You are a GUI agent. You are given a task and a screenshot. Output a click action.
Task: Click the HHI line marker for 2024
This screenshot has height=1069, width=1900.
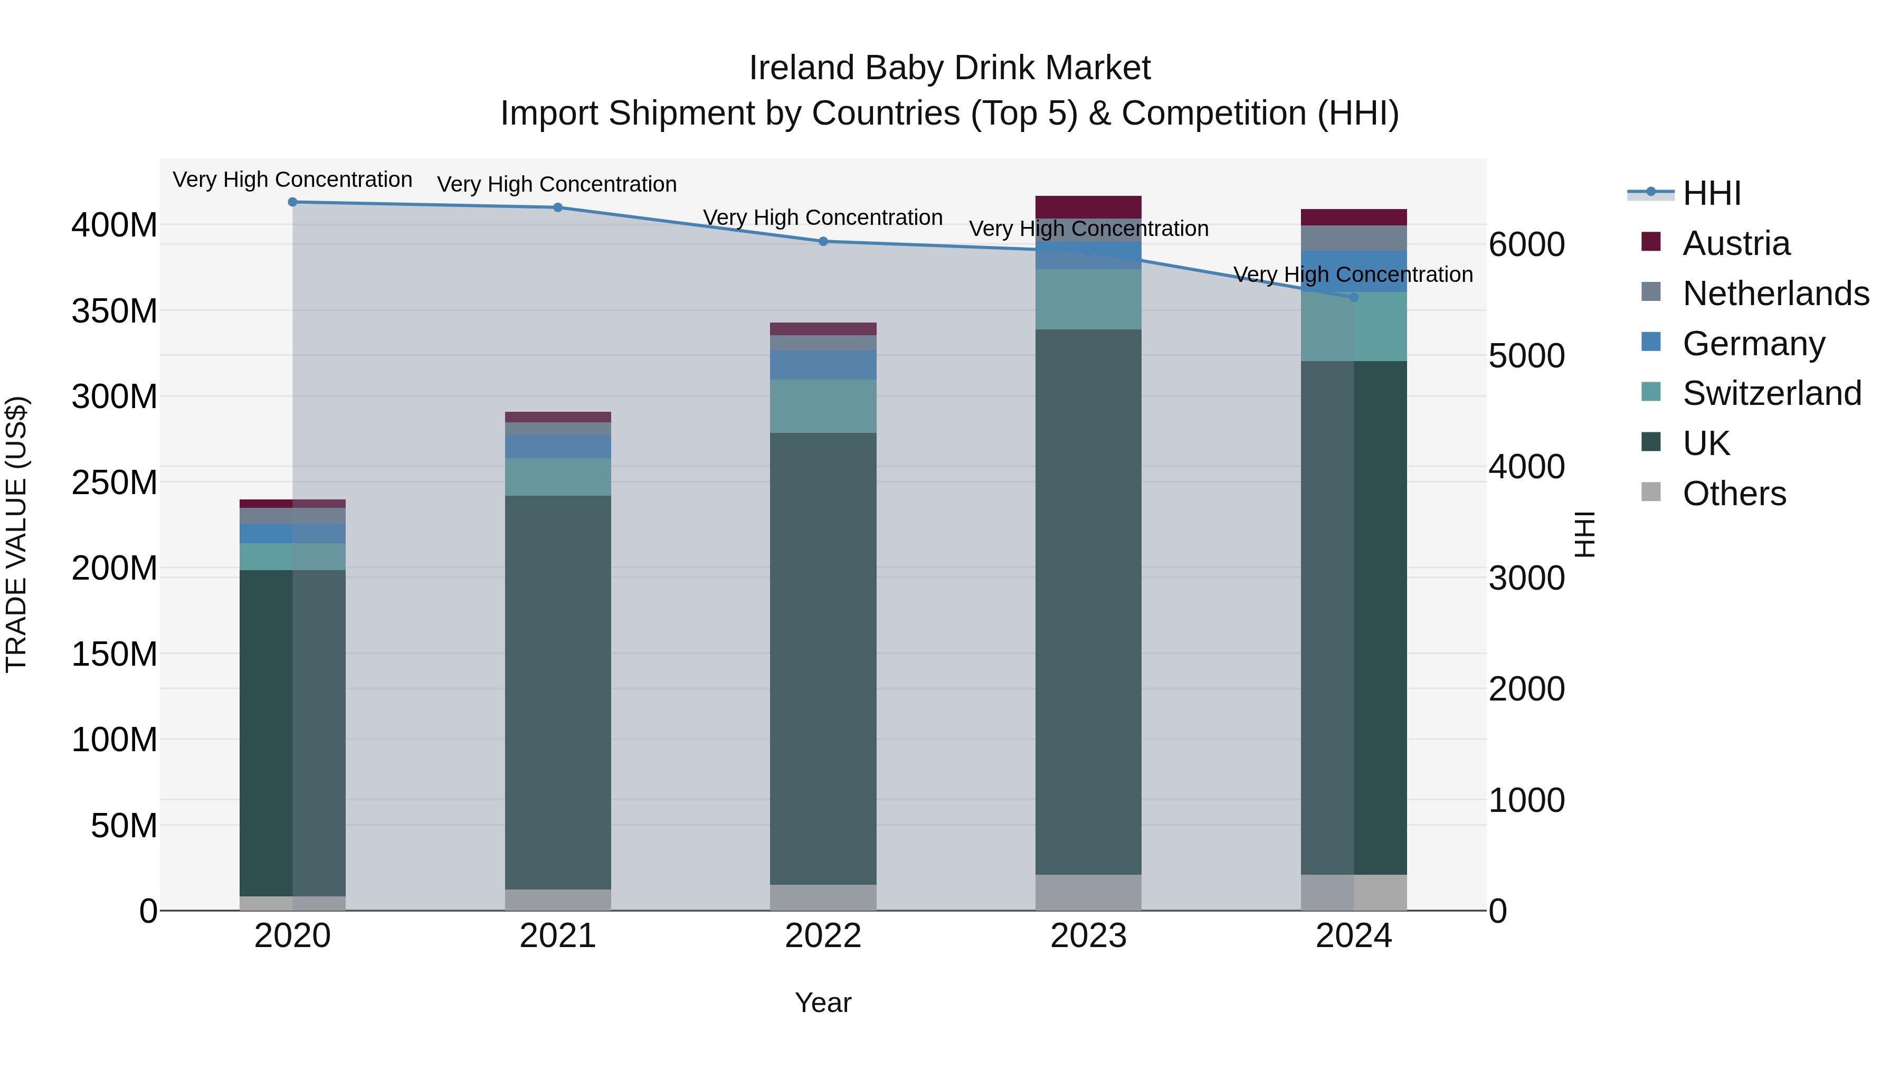coord(1353,297)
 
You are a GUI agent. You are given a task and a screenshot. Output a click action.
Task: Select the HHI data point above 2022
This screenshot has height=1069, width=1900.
coord(823,241)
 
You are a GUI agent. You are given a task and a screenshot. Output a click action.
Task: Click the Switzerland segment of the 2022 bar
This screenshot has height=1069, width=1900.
coord(823,406)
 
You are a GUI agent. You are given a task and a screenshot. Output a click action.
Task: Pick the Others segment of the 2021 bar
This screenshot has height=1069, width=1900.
coord(558,900)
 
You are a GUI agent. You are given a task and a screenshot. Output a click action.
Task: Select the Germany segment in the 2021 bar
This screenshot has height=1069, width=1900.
coord(558,446)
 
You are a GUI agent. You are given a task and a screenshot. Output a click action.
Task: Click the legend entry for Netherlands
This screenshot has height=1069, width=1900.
coord(1775,294)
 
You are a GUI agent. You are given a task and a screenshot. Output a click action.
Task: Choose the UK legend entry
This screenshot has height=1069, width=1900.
coord(1705,443)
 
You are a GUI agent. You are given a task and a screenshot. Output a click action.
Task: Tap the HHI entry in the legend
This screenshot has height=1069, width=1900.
coord(1711,193)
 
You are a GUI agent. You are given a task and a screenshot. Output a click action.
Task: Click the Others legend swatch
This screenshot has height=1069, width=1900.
coord(1651,492)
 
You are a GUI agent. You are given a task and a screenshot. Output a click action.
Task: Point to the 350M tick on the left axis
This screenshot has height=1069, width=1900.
coord(115,310)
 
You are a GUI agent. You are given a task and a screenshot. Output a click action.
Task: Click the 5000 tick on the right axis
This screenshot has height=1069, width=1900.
coord(1526,356)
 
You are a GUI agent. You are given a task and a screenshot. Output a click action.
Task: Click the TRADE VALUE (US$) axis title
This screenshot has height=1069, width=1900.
coord(16,534)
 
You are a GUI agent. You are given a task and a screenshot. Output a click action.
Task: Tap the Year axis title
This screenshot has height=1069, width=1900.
coord(823,1002)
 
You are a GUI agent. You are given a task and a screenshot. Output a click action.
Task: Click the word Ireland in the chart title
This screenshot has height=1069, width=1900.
coord(801,68)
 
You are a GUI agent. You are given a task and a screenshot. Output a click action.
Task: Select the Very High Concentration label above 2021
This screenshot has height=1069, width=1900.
coord(557,184)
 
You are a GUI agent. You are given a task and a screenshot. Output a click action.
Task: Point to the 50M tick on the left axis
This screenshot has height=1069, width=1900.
coord(124,826)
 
